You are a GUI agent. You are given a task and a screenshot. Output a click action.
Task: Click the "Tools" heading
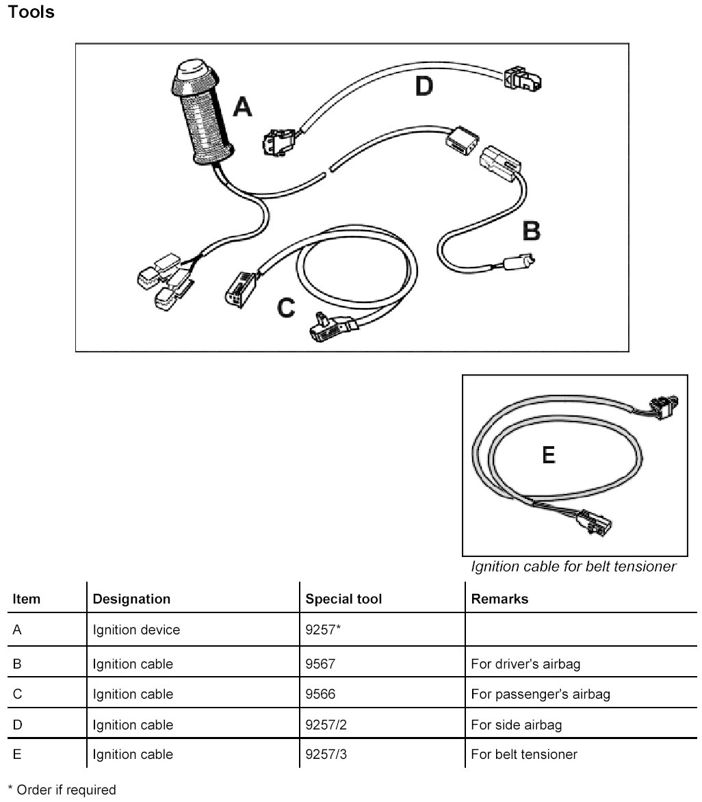pos(31,12)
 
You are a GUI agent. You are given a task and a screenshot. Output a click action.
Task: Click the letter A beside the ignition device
pos(242,106)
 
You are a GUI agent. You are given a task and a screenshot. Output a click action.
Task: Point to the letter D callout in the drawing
pos(424,87)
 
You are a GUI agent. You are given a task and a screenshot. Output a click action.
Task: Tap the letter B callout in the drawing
pos(531,231)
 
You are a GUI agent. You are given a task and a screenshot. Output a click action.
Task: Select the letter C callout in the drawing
pos(286,308)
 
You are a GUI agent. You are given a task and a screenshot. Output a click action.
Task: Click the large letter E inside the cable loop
pos(548,455)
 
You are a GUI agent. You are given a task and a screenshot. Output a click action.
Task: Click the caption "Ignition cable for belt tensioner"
pos(573,567)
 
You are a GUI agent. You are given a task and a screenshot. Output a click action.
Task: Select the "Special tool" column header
pos(343,599)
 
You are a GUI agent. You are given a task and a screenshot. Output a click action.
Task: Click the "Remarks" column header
pos(499,599)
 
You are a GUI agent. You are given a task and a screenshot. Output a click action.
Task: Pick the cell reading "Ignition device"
pos(136,630)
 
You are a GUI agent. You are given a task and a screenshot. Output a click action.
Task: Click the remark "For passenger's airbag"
pos(541,694)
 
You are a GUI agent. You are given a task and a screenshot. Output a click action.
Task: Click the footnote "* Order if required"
pos(62,790)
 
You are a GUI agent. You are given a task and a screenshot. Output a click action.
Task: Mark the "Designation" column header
pos(131,599)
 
